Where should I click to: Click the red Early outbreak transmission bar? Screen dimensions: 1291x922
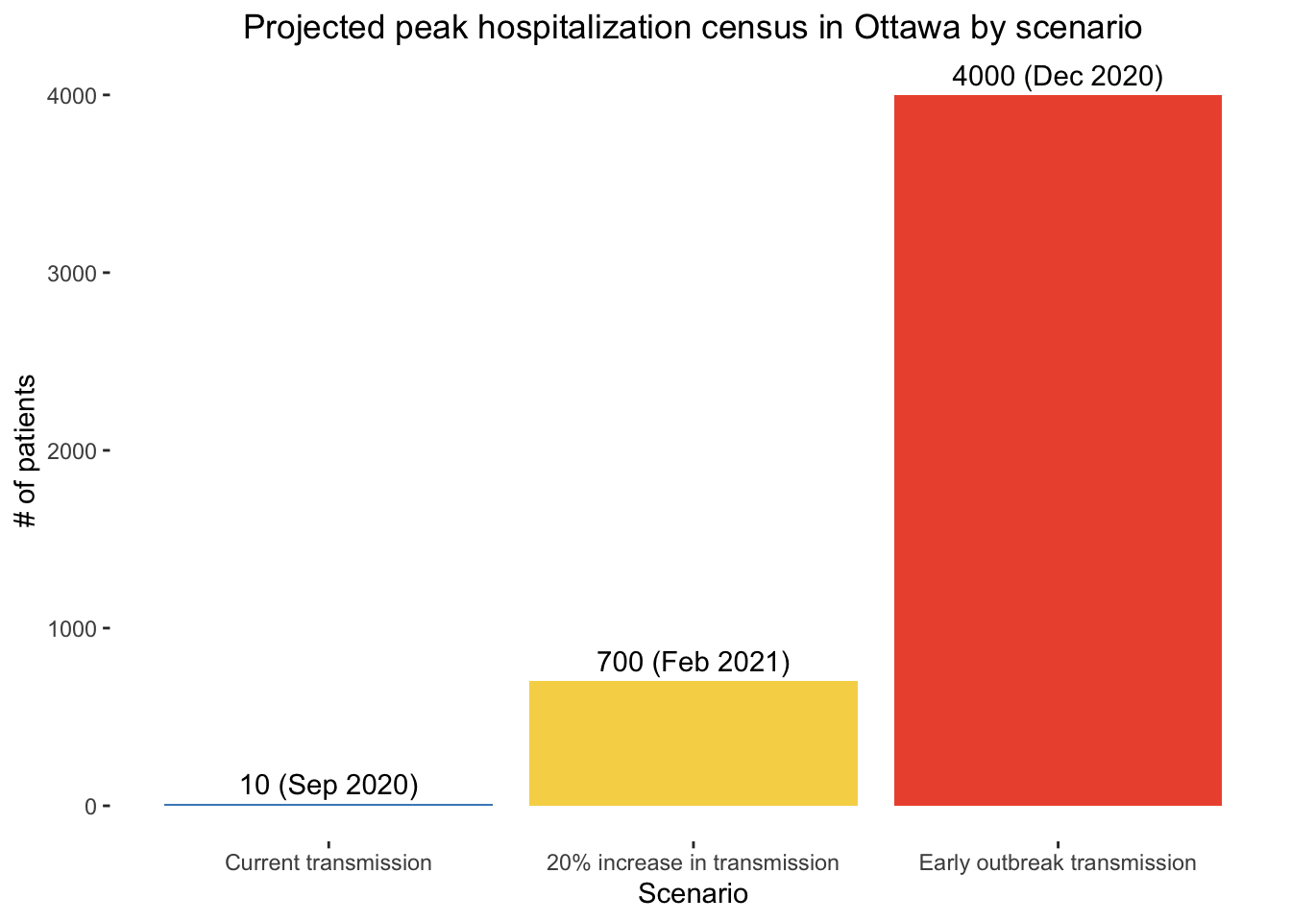[1058, 450]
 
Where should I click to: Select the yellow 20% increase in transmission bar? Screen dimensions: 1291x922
[694, 743]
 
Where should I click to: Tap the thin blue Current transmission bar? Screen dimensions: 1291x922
[329, 805]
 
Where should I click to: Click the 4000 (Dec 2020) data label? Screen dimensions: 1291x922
[1058, 76]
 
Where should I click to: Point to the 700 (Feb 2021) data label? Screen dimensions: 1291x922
[694, 662]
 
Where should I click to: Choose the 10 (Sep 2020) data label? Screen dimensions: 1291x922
[329, 785]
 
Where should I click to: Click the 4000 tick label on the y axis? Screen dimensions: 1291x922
[71, 96]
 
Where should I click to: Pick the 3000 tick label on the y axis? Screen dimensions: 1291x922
[71, 274]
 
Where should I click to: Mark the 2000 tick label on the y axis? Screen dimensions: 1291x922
[71, 451]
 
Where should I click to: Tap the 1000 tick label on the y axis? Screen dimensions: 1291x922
[71, 629]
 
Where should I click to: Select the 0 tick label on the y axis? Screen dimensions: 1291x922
[90, 807]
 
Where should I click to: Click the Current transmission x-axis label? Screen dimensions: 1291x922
[329, 862]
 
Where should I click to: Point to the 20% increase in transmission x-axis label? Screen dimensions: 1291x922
[693, 862]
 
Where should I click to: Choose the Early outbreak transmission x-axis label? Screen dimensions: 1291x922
[1058, 862]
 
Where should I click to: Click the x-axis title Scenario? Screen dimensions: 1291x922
[693, 894]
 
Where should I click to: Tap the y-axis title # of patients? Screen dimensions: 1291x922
[25, 450]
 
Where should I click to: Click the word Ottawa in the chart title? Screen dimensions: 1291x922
[907, 27]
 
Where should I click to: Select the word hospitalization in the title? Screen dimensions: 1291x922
[584, 28]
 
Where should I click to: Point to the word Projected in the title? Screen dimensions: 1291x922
[314, 28]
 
